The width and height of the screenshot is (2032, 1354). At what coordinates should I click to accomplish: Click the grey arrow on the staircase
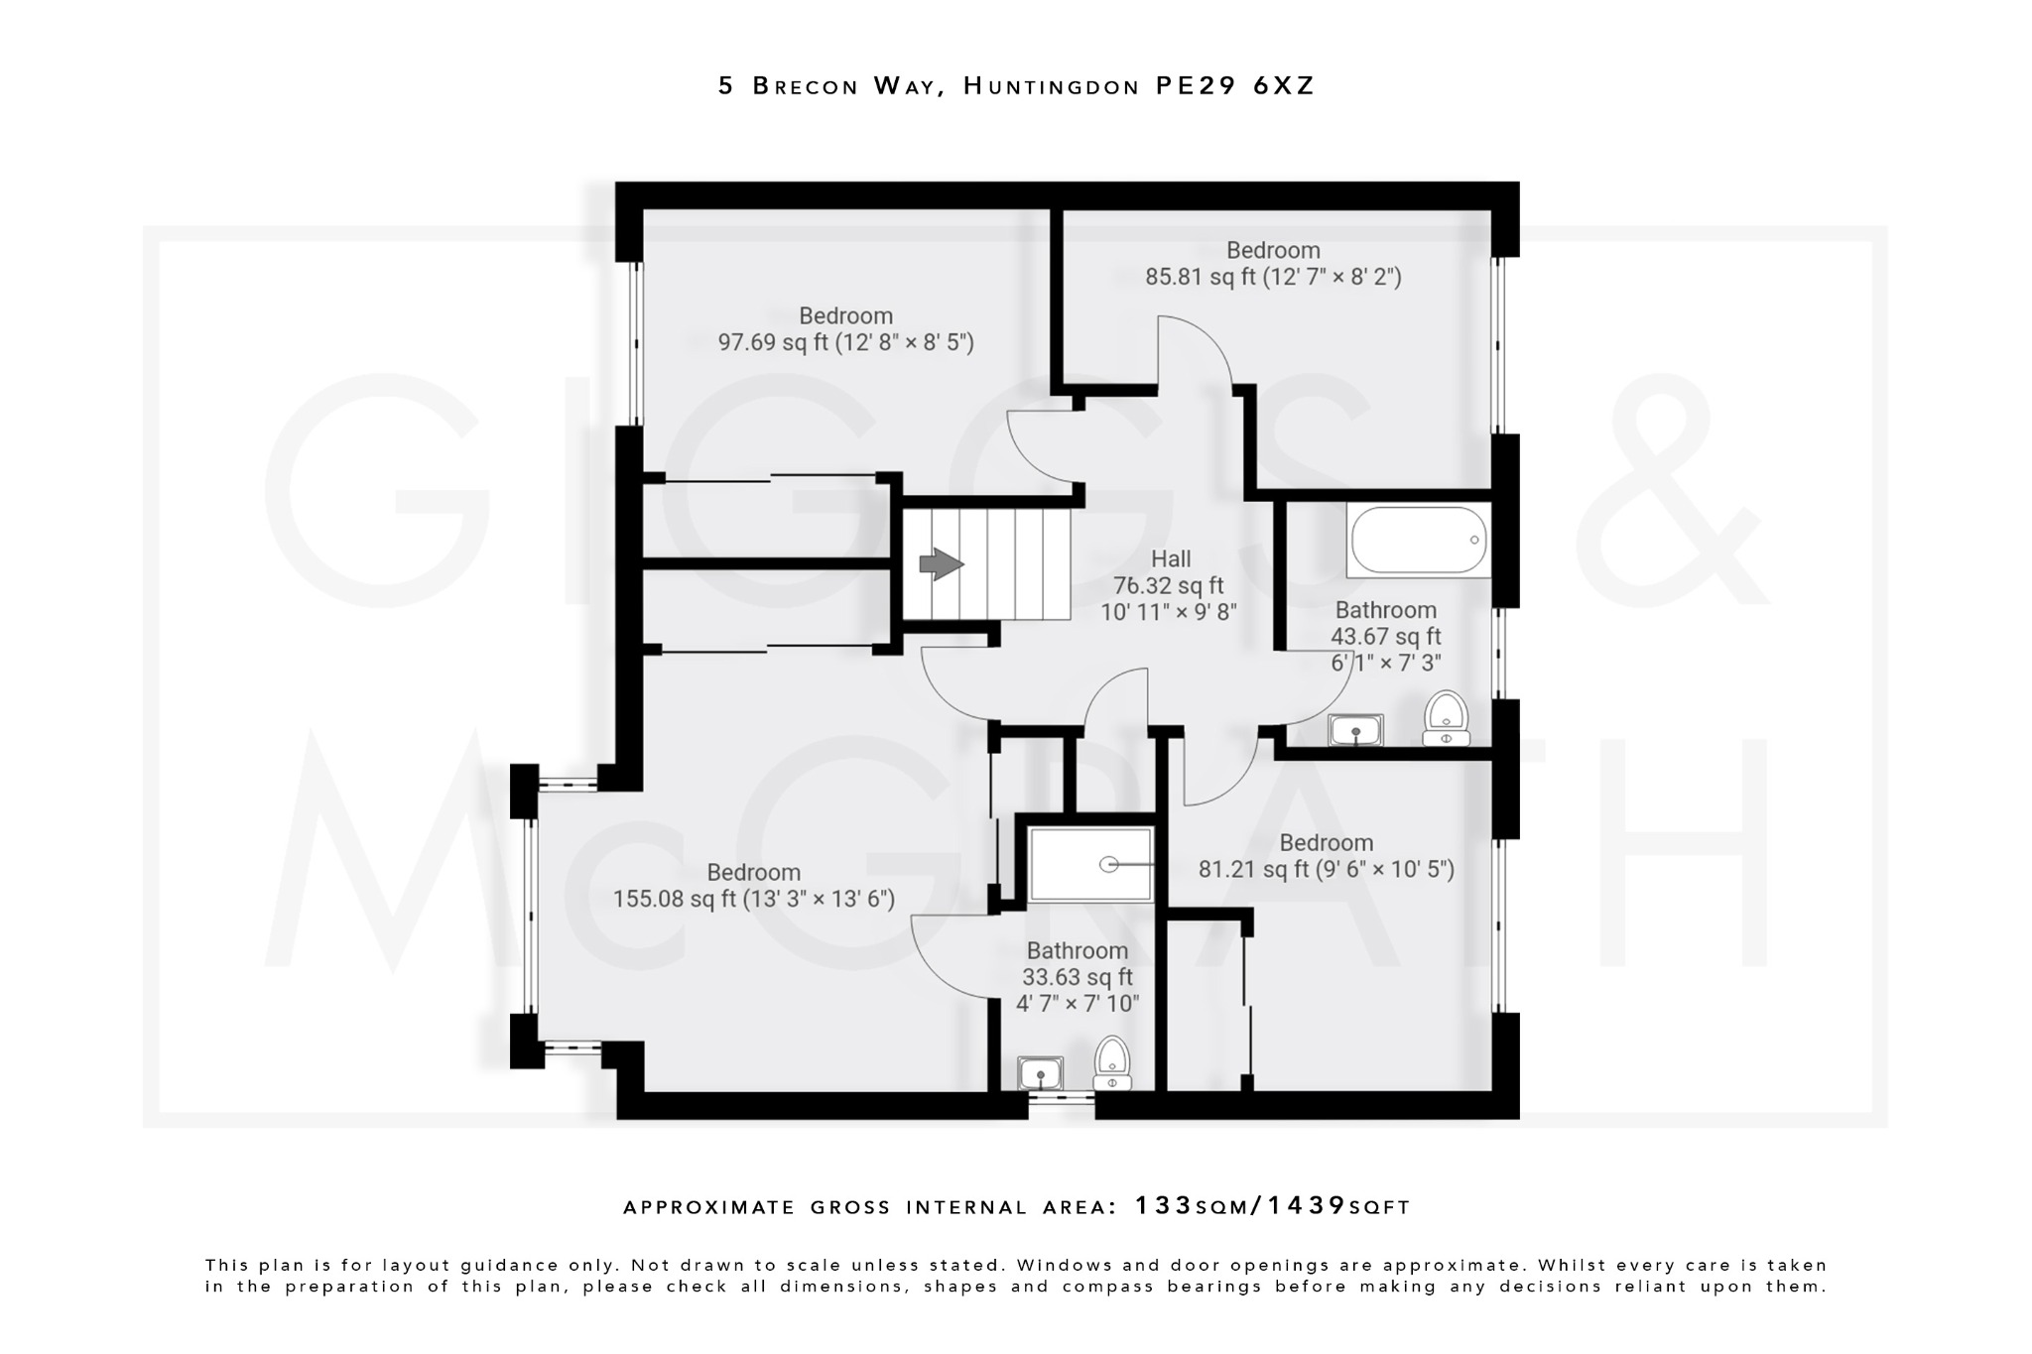[941, 565]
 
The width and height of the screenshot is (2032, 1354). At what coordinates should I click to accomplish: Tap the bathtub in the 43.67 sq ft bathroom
[1418, 541]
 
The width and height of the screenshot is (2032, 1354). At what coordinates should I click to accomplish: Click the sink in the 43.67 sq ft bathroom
[1355, 731]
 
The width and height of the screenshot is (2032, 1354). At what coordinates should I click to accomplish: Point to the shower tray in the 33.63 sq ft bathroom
[1090, 864]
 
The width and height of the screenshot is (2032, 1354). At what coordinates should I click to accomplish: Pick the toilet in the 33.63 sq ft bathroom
[1112, 1064]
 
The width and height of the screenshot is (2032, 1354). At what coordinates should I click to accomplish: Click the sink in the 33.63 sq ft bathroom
[1040, 1073]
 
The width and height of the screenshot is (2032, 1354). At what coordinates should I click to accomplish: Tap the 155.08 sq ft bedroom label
[753, 873]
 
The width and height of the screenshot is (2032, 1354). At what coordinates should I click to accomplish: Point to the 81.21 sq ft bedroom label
[1326, 843]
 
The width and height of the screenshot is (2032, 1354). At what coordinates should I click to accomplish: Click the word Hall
[1171, 559]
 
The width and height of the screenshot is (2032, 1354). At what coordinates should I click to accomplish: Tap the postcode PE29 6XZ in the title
[1234, 86]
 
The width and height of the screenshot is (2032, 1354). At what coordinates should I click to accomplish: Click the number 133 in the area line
[1164, 1206]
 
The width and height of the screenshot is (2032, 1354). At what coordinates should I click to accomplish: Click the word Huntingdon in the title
[1051, 86]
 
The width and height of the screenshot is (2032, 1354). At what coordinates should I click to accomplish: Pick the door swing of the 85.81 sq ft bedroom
[1196, 347]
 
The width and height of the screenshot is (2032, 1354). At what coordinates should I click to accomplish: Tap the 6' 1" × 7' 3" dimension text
[1385, 663]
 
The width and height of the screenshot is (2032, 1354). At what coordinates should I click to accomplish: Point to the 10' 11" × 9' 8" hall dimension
[1169, 612]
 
